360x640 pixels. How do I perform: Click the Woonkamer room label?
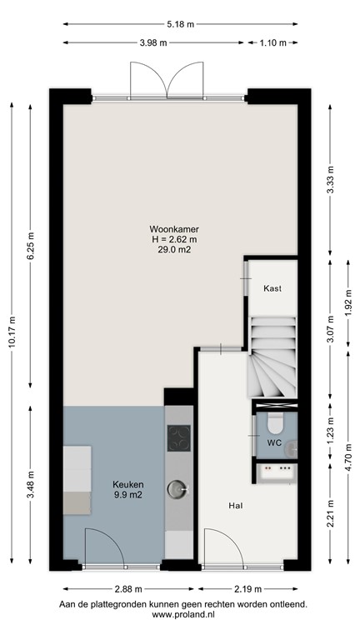click(x=173, y=228)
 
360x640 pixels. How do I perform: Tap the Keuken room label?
click(x=129, y=484)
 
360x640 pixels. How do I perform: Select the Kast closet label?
click(x=272, y=288)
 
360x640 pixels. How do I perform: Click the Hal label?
click(x=236, y=505)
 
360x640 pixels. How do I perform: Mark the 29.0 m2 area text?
click(x=173, y=250)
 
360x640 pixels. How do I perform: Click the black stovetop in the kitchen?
click(x=178, y=437)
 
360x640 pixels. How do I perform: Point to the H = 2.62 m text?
click(x=173, y=239)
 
